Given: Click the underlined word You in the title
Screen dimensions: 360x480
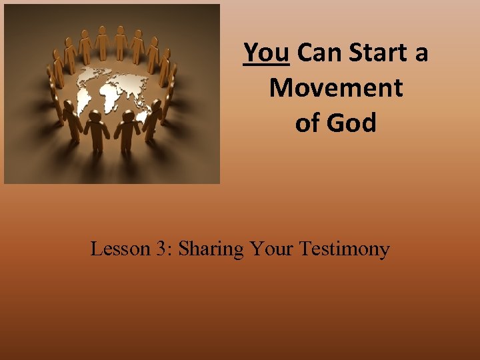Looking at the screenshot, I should (x=267, y=52).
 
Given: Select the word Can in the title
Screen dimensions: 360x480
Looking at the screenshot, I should (x=315, y=52).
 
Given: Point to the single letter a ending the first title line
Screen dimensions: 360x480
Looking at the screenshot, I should (x=421, y=53).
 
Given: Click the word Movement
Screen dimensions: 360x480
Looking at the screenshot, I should (x=336, y=88).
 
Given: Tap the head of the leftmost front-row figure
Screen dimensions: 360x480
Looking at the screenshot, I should (x=71, y=111).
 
